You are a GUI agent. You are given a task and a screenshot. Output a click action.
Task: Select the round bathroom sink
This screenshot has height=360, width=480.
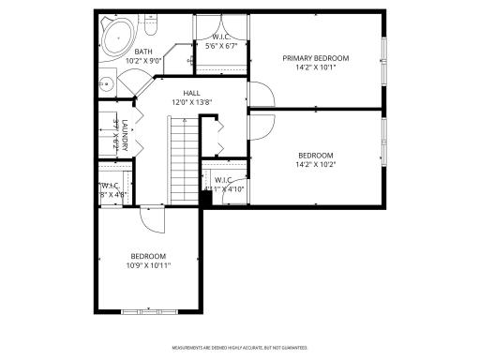106,84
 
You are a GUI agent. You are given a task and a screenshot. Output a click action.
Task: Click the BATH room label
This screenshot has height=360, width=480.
143,52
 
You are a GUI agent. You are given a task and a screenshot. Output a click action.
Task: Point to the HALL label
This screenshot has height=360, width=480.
191,93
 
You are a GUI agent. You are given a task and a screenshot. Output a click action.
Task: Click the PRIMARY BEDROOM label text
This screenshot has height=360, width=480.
316,58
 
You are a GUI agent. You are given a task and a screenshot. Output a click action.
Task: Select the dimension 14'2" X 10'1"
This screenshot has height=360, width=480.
316,67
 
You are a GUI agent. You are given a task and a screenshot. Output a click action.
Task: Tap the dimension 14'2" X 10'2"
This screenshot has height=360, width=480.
316,165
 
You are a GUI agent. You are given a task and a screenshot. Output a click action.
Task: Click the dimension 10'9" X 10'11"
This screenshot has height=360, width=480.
148,265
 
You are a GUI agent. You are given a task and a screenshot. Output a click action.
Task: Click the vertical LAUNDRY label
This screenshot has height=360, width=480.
123,133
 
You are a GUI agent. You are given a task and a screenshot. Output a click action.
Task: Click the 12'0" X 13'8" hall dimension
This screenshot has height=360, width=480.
191,102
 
